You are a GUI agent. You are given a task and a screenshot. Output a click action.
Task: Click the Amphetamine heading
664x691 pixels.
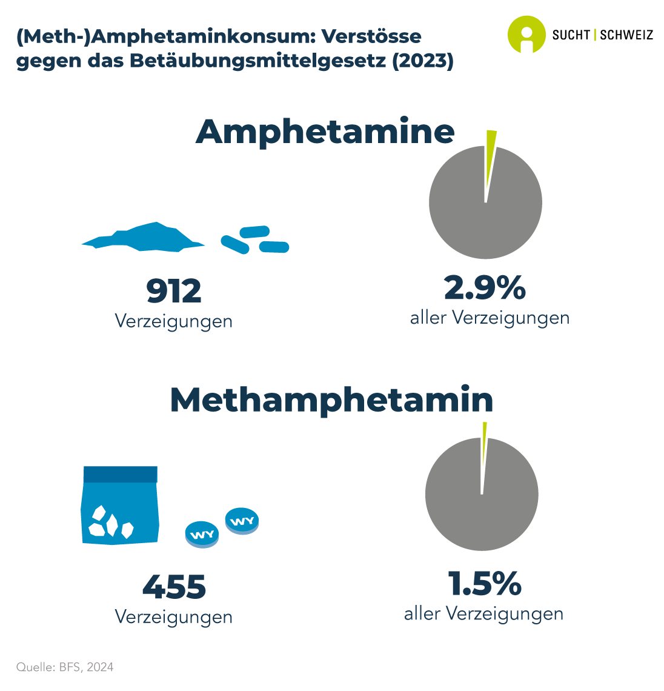(325, 132)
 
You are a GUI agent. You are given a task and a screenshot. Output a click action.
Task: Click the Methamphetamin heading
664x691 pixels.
(331, 400)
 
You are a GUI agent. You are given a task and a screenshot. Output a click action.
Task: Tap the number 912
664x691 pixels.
(174, 292)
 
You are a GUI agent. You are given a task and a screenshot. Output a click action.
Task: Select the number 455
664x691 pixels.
(174, 587)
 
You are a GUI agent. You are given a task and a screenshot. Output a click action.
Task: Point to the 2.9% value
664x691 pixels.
(485, 288)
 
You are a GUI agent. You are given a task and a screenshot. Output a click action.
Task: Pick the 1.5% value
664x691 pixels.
(485, 583)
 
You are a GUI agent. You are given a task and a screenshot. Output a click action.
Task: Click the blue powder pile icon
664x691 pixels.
(144, 237)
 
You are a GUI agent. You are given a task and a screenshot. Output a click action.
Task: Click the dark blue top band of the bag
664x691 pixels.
(121, 474)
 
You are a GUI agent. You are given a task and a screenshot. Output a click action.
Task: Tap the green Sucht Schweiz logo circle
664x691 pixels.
(526, 34)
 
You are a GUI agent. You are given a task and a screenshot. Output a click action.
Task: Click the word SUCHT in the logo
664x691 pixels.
(571, 35)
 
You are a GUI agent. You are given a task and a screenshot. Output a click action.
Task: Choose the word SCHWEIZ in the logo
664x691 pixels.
(626, 35)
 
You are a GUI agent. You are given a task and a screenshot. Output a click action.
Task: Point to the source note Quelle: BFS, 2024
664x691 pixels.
(65, 667)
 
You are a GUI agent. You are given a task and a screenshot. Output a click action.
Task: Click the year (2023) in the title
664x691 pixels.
(423, 62)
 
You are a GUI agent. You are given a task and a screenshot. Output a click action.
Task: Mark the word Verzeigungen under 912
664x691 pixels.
(174, 321)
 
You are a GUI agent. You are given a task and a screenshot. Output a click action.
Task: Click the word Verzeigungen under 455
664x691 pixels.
(174, 617)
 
